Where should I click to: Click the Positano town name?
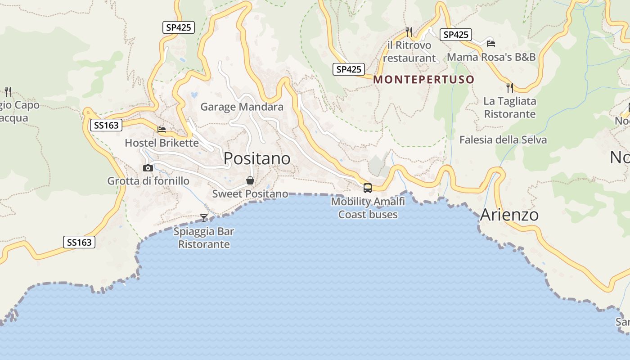257,158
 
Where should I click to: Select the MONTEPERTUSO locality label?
424,80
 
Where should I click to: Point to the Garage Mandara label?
242,107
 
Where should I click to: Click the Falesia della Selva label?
503,139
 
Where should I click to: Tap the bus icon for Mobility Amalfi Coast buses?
368,188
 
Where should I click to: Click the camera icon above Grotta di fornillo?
148,168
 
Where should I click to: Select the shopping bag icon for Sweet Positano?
250,180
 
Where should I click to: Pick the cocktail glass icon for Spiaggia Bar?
204,218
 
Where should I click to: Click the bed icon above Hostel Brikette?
162,130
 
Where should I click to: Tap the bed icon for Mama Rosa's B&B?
491,43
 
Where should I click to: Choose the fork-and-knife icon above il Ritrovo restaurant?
409,31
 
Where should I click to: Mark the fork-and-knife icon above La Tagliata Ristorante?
509,87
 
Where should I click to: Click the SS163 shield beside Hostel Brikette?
106,125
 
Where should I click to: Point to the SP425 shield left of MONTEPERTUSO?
349,69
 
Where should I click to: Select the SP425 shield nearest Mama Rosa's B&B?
455,35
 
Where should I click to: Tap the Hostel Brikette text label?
162,143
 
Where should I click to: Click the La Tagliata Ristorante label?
509,108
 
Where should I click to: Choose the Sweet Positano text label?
250,194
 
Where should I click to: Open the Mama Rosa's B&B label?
491,57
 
